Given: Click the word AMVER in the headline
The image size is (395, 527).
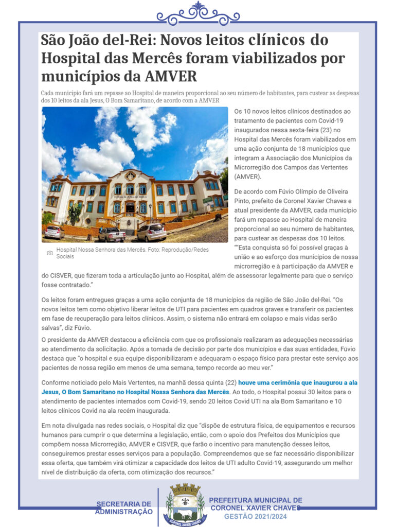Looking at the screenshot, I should click(171, 76).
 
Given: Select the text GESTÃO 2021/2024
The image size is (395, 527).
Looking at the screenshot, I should click(255, 516).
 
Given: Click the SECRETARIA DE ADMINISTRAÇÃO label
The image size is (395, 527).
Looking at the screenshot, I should click(124, 507).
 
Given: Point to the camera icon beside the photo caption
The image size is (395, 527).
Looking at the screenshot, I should click(49, 253).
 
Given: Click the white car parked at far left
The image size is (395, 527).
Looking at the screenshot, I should click(54, 232).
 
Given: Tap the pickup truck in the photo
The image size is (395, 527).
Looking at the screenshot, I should click(112, 234).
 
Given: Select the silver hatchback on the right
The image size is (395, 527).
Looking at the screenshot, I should click(152, 232).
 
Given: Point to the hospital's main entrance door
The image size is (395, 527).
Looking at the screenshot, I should click(130, 209).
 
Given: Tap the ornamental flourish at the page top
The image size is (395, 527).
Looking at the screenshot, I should click(198, 13).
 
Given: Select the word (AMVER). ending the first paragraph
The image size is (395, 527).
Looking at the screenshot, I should click(247, 177).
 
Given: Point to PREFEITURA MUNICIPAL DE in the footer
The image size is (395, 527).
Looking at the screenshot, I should click(256, 500).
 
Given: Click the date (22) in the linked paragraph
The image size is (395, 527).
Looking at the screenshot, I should click(230, 382).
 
